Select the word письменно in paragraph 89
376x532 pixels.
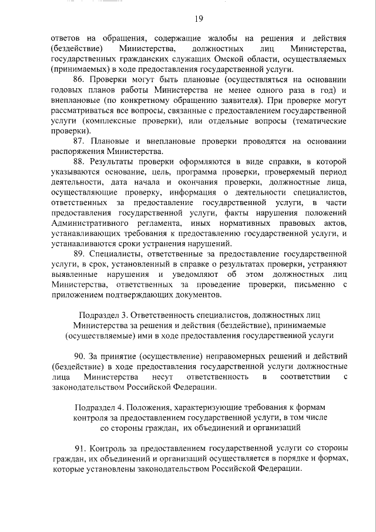314,285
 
